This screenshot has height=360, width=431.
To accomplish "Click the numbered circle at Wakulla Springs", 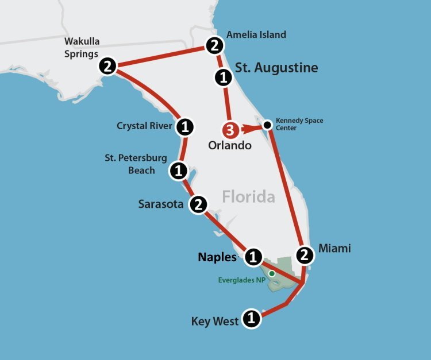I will [x=107, y=66].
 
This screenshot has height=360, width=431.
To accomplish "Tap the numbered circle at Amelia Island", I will [x=214, y=44].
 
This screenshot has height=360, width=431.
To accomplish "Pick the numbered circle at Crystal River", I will [x=184, y=126].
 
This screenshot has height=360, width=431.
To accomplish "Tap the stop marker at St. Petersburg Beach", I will [x=178, y=170].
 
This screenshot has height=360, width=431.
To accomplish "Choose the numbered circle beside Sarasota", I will [x=198, y=204].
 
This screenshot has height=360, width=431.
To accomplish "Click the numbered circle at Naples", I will [x=253, y=257].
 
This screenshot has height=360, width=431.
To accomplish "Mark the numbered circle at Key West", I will [x=251, y=318].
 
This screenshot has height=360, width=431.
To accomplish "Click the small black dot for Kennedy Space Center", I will [x=267, y=125].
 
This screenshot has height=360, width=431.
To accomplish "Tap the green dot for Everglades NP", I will [x=271, y=273].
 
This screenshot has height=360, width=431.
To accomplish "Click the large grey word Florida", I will [x=248, y=197].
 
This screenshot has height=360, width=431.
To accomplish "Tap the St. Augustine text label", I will [x=276, y=68].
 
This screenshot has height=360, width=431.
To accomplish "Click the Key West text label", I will [x=214, y=322].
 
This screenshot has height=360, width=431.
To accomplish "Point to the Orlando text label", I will [x=230, y=145].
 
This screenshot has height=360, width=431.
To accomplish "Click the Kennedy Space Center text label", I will [x=299, y=124].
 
